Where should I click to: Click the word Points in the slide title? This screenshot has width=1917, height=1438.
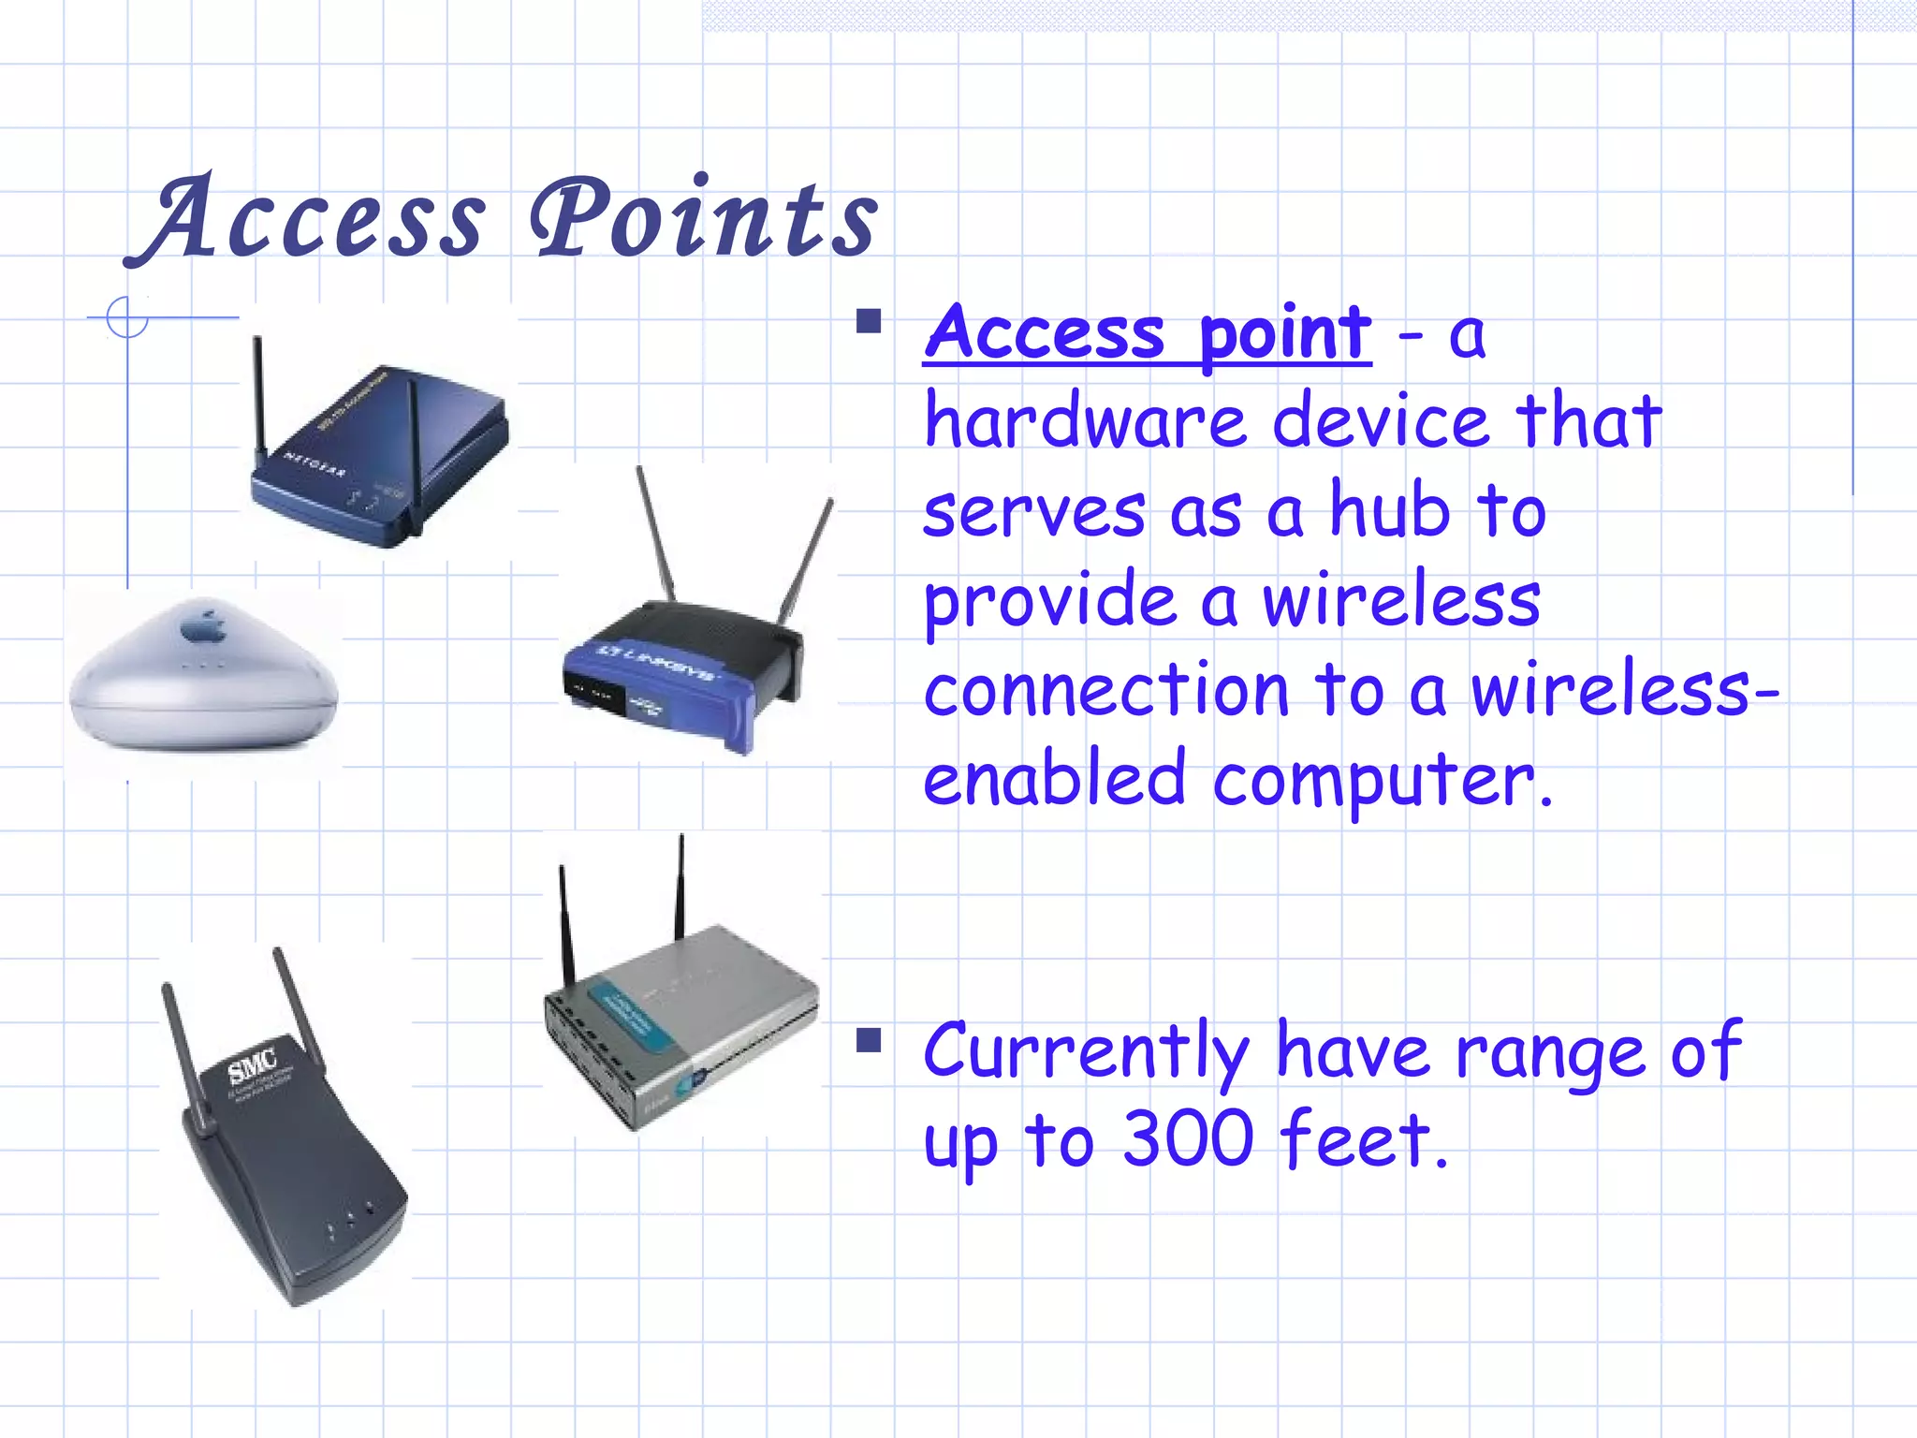point(704,220)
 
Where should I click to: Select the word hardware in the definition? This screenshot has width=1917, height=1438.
point(1085,422)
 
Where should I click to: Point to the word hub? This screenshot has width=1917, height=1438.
point(1389,512)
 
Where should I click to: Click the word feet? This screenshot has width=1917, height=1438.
point(1363,1139)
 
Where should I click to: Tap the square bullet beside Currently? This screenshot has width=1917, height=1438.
point(869,1040)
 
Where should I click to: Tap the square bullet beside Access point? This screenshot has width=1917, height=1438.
point(869,322)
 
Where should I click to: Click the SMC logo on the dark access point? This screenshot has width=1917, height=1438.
point(253,1065)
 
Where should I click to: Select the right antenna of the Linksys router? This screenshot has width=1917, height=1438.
point(807,562)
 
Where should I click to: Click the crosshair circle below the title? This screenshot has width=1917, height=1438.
point(127,317)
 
